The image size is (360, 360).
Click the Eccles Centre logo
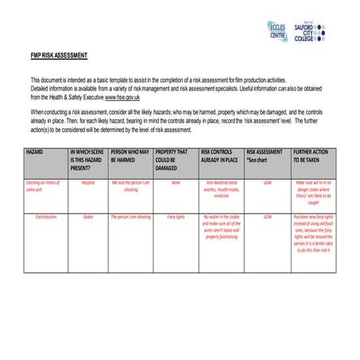click(278, 31)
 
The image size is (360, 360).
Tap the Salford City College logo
click(310, 31)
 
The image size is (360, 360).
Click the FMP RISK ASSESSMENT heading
click(59, 55)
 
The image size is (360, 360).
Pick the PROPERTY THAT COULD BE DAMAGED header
click(175, 159)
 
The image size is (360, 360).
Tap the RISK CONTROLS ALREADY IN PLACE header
click(220, 154)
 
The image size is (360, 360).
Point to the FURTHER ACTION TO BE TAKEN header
click(312, 154)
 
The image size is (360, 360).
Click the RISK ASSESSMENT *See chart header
click(265, 154)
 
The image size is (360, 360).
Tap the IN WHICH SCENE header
click(87, 159)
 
